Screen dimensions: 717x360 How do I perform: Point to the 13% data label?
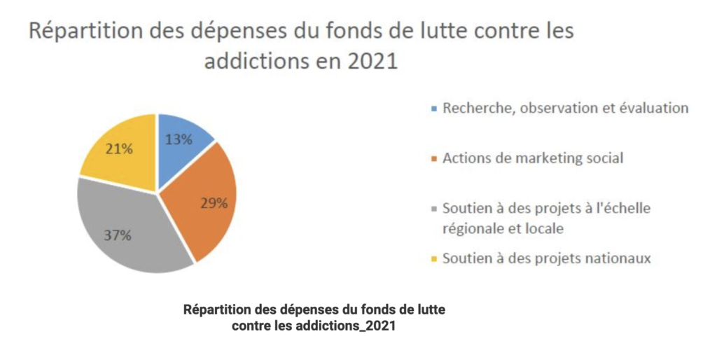coord(179,139)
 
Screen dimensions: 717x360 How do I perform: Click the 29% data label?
coord(214,203)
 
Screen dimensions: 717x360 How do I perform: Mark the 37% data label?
coord(118,235)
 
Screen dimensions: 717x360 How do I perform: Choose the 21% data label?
coord(119,148)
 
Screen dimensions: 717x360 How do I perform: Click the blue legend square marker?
coord(434,109)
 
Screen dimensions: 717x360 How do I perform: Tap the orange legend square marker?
coord(434,159)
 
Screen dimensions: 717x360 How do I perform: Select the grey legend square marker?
coord(434,209)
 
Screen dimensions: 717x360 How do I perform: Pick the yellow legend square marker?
coord(434,259)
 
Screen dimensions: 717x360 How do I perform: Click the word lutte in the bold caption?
coord(430,310)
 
